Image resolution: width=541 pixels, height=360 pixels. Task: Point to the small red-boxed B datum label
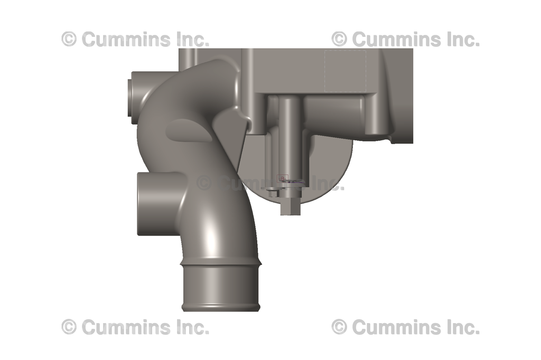tap(283, 178)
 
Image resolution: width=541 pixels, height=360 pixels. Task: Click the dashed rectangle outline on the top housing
tap(346, 72)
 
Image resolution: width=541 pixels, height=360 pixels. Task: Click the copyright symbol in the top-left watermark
tap(69, 39)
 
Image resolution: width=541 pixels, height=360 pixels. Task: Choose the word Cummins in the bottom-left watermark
tap(126, 327)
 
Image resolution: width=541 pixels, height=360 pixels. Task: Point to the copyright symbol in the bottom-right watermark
tap(339, 327)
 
